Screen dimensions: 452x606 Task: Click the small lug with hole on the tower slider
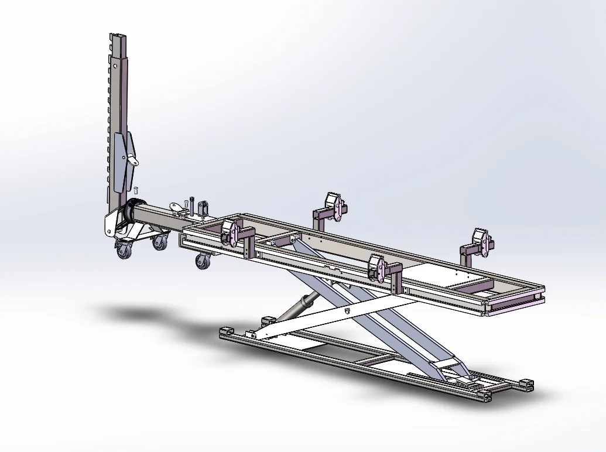(x=132, y=160)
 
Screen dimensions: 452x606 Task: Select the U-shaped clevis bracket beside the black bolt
(x=203, y=208)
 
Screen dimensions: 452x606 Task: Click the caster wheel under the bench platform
(x=203, y=261)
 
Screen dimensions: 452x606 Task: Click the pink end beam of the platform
(x=515, y=304)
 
